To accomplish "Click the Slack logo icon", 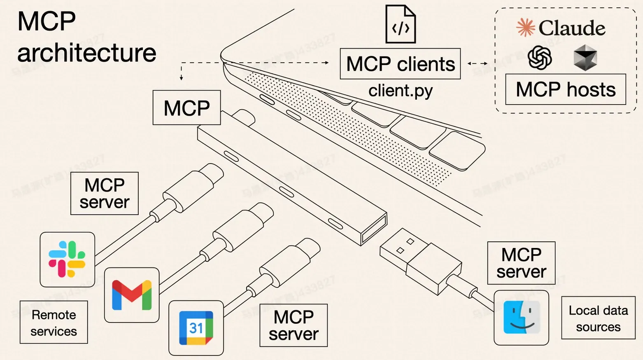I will coord(67,259).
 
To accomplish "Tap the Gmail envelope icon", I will coord(132,295).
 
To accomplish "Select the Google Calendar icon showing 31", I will coord(196,328).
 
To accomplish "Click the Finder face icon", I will coord(521,318).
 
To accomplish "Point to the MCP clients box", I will coord(400,64).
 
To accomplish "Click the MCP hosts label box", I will coord(566,89).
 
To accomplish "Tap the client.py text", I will coord(401,91).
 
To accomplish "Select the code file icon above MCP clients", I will coord(401,24).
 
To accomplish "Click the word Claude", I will coord(572,28).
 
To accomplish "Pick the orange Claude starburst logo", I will coord(526,28).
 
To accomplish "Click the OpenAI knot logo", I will coord(540,58).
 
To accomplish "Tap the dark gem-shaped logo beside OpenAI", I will coord(585,58).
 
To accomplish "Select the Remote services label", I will coord(54,323).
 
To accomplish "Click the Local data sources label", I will coord(598,318).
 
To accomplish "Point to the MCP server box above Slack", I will coord(105,194).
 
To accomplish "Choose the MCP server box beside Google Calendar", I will coord(294,325).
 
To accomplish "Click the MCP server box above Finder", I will coord(521,263).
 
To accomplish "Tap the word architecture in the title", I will coord(87,53).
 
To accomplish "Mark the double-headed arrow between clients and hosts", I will coord(478,63).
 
